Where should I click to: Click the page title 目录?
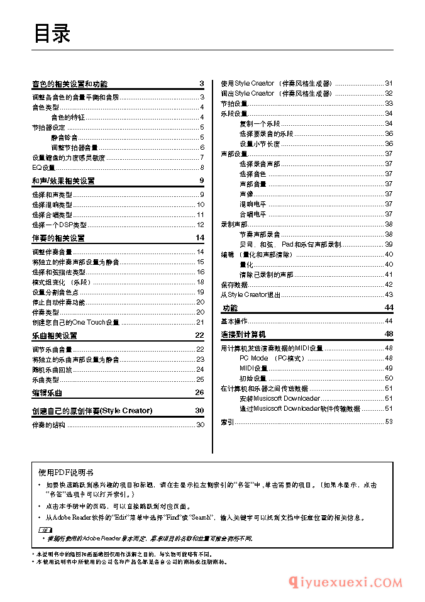[x=52, y=33]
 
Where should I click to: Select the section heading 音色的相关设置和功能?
[x=70, y=84]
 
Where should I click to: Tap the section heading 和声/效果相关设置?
[x=63, y=181]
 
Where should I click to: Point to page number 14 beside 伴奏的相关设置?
[x=200, y=238]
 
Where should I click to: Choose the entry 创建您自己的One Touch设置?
[x=75, y=322]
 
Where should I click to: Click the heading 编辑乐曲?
[x=47, y=393]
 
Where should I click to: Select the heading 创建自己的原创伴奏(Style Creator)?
[x=92, y=411]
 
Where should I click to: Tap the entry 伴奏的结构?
[x=48, y=425]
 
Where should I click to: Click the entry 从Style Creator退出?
[x=251, y=294]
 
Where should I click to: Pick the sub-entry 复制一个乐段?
[x=260, y=123]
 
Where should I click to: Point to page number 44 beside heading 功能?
[x=389, y=307]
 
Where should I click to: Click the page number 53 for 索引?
[x=389, y=421]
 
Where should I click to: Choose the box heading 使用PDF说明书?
[x=66, y=472]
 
